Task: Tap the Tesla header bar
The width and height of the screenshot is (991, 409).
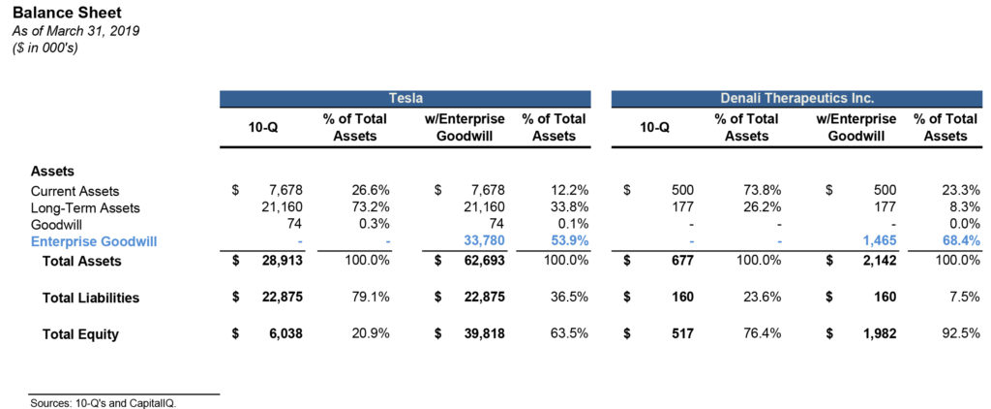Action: [x=405, y=99]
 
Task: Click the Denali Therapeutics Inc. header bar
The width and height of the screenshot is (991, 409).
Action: [x=796, y=99]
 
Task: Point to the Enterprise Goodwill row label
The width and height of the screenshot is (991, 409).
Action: [x=93, y=241]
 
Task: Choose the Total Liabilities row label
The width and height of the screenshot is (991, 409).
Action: [x=91, y=298]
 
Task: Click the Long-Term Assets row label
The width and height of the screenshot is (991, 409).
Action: [x=85, y=208]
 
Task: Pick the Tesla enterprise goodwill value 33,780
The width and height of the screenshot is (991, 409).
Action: [x=483, y=242]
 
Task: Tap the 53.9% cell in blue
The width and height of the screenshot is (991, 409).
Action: [x=566, y=242]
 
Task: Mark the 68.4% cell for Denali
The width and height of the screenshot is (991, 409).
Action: [x=959, y=242]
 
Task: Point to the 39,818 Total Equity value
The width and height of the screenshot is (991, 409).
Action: [x=483, y=334]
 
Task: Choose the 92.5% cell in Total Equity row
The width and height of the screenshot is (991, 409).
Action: [x=959, y=334]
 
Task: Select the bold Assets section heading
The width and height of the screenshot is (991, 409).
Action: [x=53, y=171]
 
